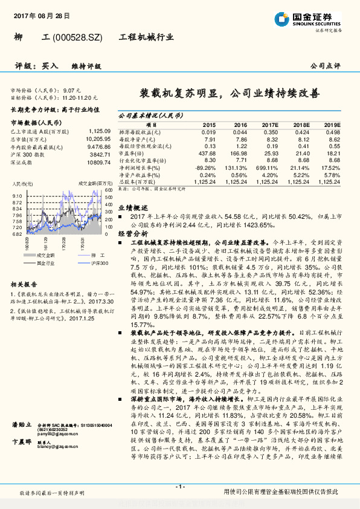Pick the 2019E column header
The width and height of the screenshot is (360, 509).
332,125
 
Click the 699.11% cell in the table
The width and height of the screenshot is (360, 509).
268,167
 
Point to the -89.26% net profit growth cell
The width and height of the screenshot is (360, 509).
205,167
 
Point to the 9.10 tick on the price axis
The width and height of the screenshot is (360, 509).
17,196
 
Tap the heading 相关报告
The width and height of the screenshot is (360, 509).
25,284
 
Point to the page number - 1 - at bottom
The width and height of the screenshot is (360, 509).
179,486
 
